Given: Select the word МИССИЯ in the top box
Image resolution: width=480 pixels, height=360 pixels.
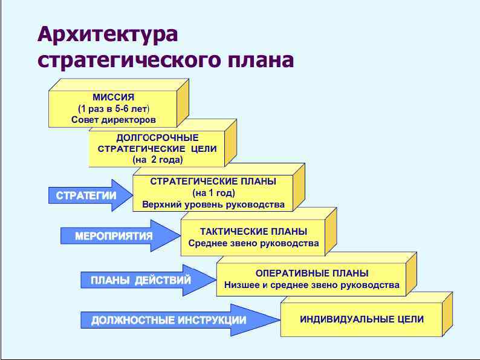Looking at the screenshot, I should (114, 97).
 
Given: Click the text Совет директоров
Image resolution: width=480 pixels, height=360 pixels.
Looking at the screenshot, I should (114, 120).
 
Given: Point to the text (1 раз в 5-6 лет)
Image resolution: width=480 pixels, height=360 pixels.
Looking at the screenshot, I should (114, 108).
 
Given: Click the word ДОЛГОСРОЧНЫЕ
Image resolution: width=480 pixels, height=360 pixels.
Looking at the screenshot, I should (157, 138).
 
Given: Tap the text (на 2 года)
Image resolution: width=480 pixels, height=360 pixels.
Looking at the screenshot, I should (157, 160).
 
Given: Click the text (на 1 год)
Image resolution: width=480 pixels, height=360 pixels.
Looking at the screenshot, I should (213, 193).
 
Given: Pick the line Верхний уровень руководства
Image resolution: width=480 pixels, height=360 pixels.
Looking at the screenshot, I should (213, 205).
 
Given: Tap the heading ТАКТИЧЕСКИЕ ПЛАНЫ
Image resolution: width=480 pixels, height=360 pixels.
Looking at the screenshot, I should (253, 232).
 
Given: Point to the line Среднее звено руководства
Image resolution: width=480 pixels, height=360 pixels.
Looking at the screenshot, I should (253, 244).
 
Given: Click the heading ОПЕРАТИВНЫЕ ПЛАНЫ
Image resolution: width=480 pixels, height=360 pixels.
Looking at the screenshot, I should (312, 273).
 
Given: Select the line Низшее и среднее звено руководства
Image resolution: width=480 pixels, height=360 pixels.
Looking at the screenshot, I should (312, 285).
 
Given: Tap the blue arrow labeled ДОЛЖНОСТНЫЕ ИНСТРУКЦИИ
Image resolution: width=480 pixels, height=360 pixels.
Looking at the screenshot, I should (175, 320).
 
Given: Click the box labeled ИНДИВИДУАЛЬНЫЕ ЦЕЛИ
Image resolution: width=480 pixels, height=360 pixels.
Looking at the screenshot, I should (362, 319).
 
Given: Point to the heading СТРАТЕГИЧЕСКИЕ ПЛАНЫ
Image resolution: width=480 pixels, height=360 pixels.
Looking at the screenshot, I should (213, 182).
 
